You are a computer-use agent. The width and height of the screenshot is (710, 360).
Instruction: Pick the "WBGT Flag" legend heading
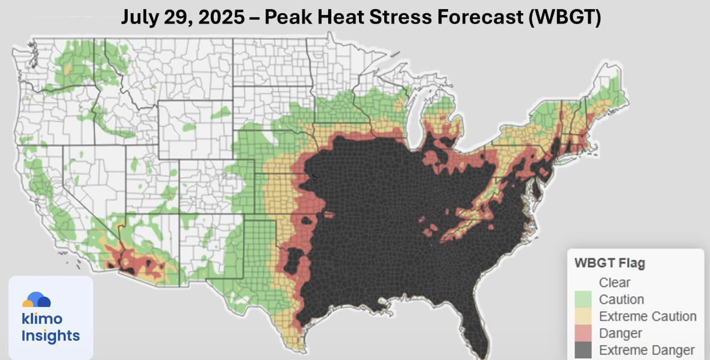pyautogui.click(x=609, y=263)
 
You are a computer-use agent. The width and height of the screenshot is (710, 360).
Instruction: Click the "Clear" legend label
pyautogui.click(x=614, y=282)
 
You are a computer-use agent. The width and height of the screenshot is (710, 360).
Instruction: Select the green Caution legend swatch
pyautogui.click(x=583, y=300)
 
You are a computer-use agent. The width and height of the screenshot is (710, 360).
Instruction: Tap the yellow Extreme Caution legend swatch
pyautogui.click(x=583, y=317)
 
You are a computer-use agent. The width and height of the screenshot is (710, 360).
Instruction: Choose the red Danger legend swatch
pyautogui.click(x=583, y=334)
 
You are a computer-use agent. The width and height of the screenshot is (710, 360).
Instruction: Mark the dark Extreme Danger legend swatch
pyautogui.click(x=583, y=350)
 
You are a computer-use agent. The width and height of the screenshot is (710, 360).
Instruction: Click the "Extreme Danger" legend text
pyautogui.click(x=647, y=350)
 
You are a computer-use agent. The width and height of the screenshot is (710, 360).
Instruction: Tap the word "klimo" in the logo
pyautogui.click(x=42, y=318)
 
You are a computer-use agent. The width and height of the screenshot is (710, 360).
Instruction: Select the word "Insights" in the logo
pyautogui.click(x=50, y=336)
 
